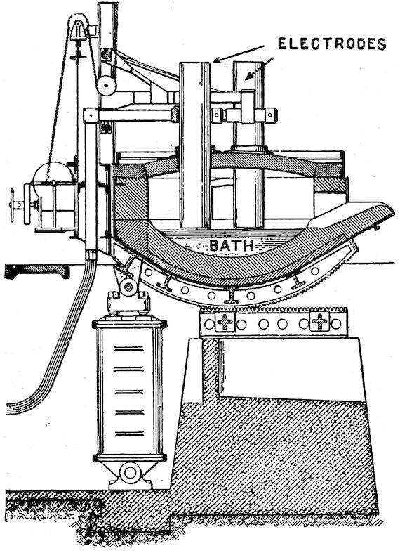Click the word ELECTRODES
[332, 44]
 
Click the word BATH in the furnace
[232, 245]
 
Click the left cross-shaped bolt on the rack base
[225, 322]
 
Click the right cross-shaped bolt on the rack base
[319, 322]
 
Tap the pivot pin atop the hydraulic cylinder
[128, 287]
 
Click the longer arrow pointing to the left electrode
[239, 54]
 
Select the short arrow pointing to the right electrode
[260, 68]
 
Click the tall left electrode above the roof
[194, 107]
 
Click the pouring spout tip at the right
[390, 211]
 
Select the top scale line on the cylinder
[130, 349]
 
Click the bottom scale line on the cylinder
[130, 434]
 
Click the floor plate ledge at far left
[37, 271]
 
